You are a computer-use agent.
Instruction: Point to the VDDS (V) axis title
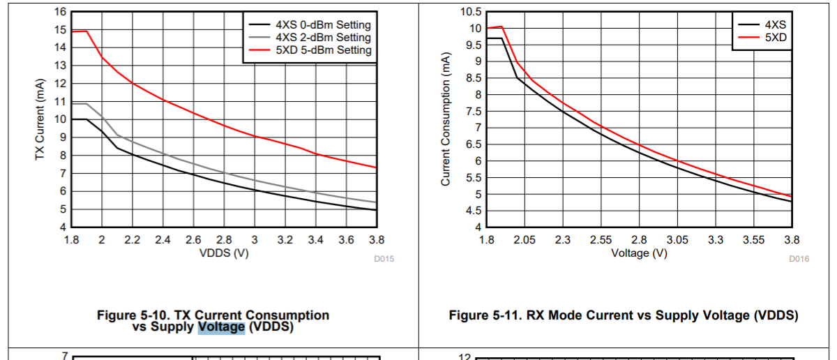224,253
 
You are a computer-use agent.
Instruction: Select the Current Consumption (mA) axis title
446,120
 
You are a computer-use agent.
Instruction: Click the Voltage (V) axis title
639,253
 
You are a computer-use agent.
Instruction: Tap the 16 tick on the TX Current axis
60,12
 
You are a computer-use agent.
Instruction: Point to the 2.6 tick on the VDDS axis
193,240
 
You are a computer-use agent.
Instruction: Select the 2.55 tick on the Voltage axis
601,240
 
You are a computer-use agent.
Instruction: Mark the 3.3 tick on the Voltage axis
715,240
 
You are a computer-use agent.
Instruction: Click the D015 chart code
384,259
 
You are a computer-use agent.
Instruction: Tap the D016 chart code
799,259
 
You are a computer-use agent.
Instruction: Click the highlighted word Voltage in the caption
221,327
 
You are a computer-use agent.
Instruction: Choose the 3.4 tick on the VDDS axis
315,240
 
